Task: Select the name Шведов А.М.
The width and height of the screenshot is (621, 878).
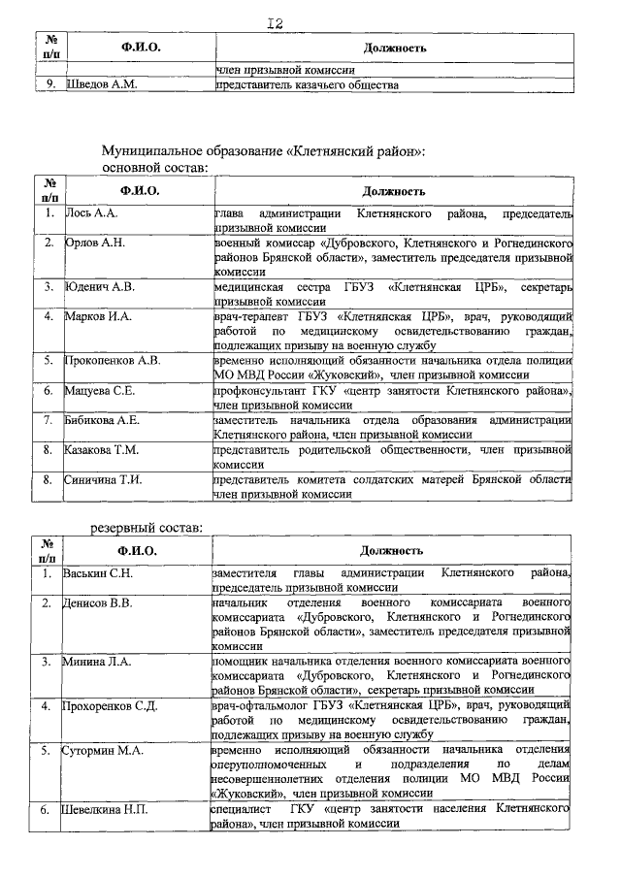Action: pyautogui.click(x=101, y=85)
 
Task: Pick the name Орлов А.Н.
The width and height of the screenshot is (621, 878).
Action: pyautogui.click(x=95, y=242)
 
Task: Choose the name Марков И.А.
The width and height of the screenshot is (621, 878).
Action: pyautogui.click(x=97, y=315)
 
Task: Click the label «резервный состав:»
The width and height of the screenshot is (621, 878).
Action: pyautogui.click(x=147, y=526)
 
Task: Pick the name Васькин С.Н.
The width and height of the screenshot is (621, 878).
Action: pyautogui.click(x=98, y=573)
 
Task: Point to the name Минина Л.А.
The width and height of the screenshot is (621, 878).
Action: pyautogui.click(x=97, y=662)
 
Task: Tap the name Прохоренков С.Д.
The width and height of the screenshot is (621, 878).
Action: pyautogui.click(x=111, y=705)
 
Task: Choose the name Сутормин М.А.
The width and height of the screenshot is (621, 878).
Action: pyautogui.click(x=104, y=750)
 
